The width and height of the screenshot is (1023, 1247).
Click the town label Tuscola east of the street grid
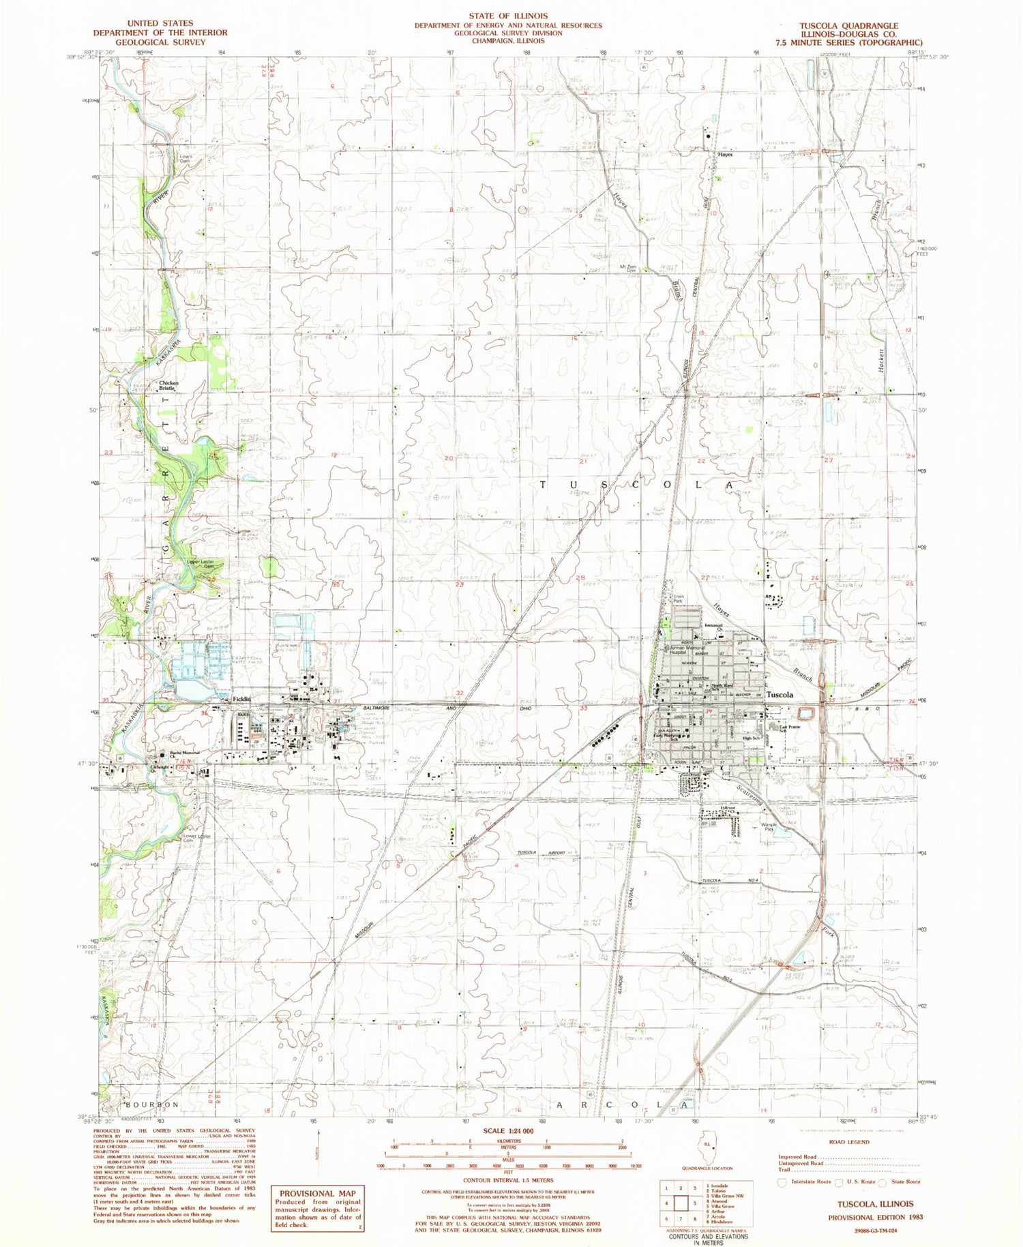(x=780, y=694)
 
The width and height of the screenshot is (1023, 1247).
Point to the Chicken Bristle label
(x=168, y=385)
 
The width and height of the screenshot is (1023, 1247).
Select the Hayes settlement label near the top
(x=725, y=155)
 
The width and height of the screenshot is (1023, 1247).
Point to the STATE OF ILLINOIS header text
(x=507, y=15)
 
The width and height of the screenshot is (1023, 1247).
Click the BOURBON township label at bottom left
(x=151, y=1104)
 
